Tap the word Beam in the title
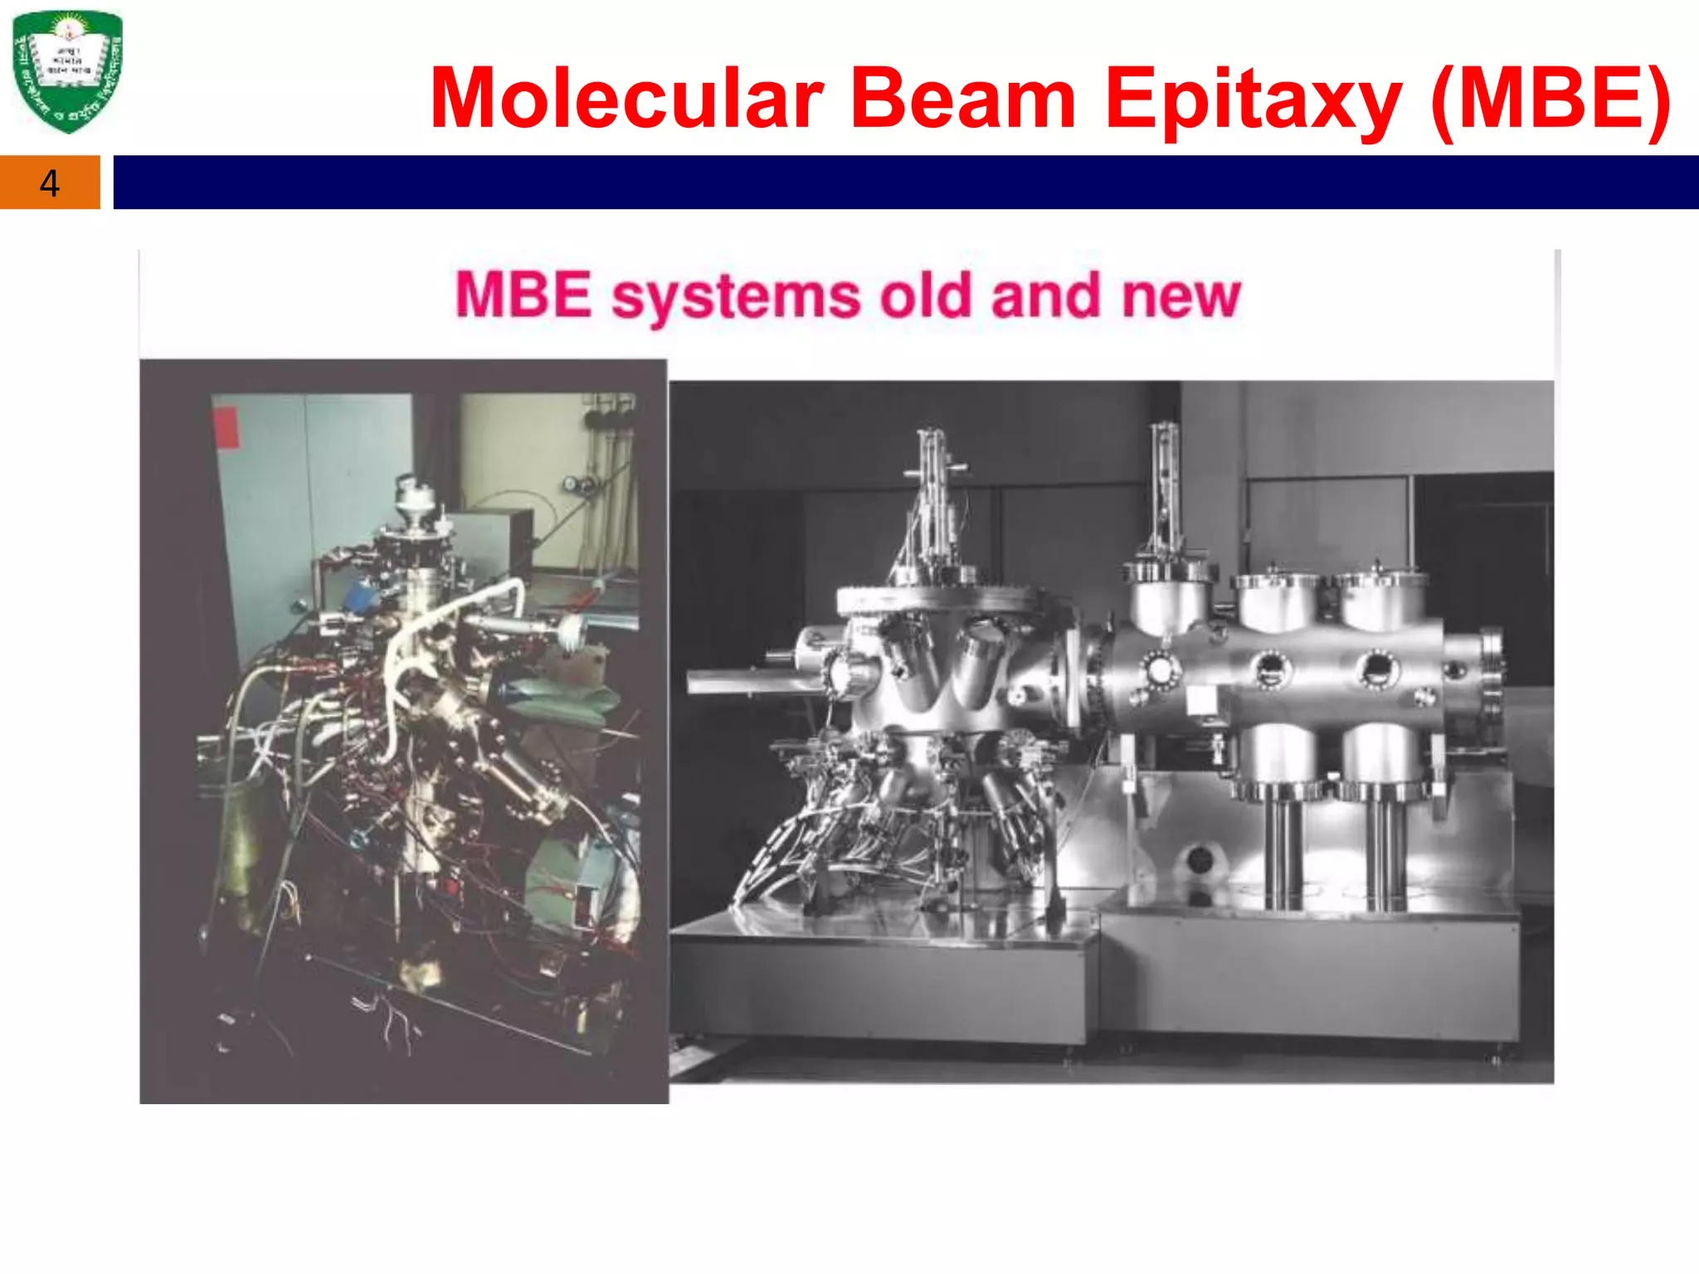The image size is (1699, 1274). (963, 100)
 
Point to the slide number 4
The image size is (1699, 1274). (50, 183)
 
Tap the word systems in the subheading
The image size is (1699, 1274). (736, 297)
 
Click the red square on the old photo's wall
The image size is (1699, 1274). (226, 427)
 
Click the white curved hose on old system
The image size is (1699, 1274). (431, 630)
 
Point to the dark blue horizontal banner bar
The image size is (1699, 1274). (904, 182)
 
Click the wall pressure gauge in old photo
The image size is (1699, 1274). (572, 484)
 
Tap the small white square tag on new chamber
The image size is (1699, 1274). (1200, 702)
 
